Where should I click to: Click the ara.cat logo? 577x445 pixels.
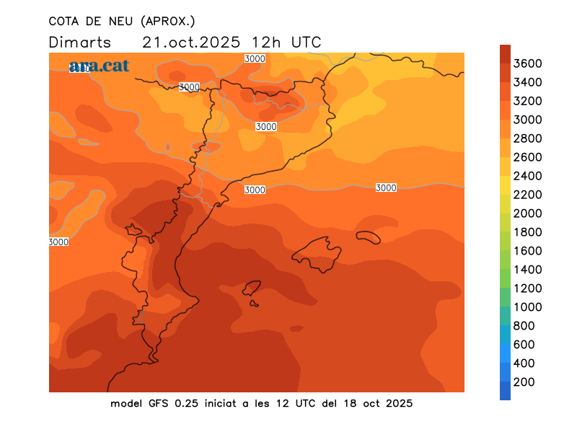pos(100,66)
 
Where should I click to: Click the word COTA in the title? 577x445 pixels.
pos(64,21)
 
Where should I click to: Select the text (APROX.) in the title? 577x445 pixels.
pos(167,21)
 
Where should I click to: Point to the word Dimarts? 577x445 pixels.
pos(80,42)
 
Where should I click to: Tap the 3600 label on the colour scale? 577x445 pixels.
pos(528,63)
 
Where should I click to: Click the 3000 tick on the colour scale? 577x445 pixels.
pos(528,120)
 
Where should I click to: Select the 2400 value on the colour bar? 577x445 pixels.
pos(528,176)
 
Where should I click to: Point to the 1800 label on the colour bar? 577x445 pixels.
pos(528,232)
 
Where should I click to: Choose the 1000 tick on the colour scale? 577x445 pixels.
pos(528,307)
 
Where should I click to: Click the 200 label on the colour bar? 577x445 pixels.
pos(524,382)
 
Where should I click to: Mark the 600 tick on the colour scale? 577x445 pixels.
pos(524,345)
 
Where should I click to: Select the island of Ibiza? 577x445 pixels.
pos(252,289)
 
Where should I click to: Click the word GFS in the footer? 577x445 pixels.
pos(160,403)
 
